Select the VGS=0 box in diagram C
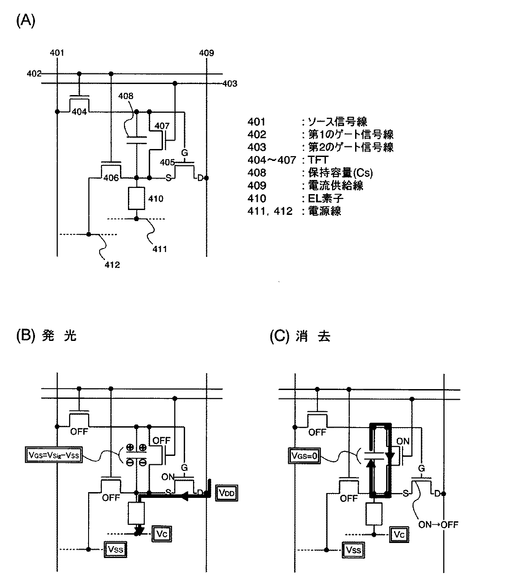tap(305, 455)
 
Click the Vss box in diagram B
tap(115, 550)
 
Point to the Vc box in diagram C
tap(399, 535)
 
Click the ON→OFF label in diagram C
tap(438, 525)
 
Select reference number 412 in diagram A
tap(112, 265)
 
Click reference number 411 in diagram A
tap(159, 249)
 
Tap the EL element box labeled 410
tap(136, 199)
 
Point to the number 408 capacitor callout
tap(125, 96)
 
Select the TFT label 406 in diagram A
tap(111, 178)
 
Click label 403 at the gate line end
tap(230, 84)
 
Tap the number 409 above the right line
tap(206, 53)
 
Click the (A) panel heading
tap(25, 20)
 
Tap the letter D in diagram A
tap(200, 178)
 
